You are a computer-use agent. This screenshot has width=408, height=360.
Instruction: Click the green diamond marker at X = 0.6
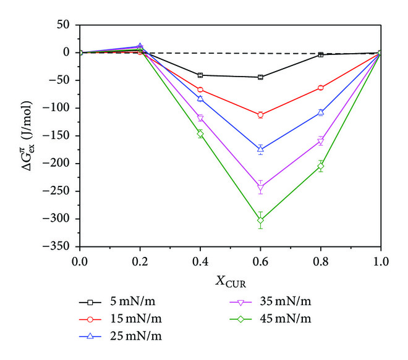point(260,220)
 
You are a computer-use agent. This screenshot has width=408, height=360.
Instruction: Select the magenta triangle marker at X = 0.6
point(260,188)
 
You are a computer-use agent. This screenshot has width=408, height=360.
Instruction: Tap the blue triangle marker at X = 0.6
point(260,149)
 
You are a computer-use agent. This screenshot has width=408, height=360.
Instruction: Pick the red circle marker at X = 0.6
point(260,115)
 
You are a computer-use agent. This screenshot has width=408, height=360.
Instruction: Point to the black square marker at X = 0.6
point(260,77)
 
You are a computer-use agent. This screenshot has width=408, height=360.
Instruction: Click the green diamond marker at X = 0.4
point(200,133)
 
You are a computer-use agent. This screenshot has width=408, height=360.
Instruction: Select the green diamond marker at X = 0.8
point(320,166)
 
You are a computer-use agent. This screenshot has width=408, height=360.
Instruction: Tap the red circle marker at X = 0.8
point(320,88)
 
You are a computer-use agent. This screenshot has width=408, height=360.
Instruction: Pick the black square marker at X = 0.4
point(200,75)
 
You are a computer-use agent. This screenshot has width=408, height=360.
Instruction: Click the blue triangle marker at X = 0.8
point(320,112)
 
